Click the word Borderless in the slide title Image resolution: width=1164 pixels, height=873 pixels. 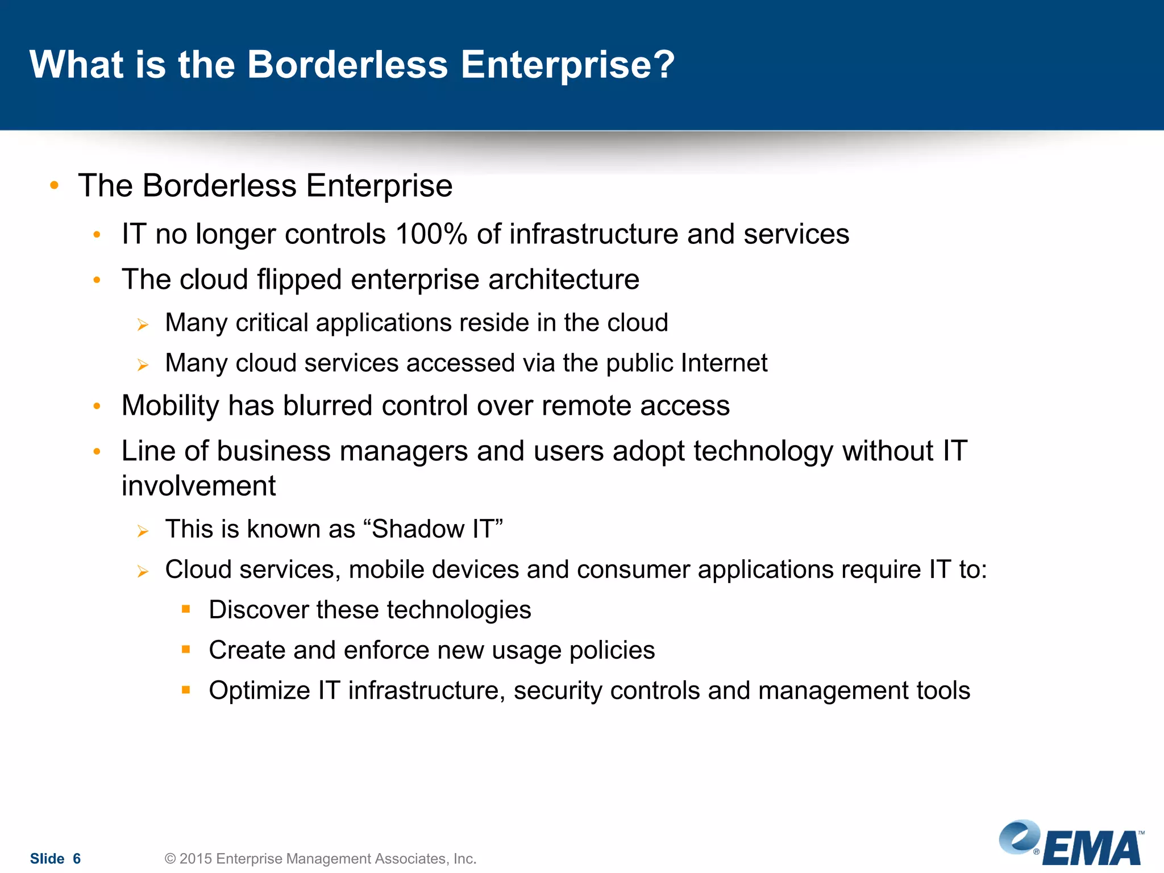click(347, 64)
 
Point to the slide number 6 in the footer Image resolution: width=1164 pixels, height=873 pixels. click(77, 858)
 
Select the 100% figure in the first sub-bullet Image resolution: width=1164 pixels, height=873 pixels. click(431, 234)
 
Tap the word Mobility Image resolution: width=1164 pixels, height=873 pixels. click(171, 406)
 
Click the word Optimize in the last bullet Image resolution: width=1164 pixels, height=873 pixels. click(259, 691)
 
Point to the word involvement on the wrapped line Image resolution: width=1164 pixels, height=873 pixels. click(198, 486)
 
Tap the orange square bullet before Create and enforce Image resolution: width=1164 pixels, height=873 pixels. click(186, 649)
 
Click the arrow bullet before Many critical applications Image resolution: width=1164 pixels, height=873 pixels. click(143, 325)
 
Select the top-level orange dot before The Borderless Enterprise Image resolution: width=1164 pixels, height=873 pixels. click(55, 185)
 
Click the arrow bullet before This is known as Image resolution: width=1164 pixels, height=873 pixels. click(143, 531)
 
